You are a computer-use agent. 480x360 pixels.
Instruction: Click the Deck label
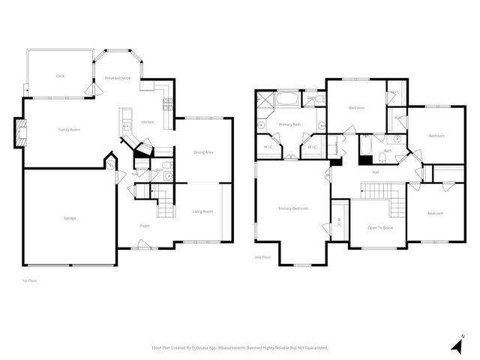click(60, 76)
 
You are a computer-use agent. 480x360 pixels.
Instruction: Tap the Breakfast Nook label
click(117, 78)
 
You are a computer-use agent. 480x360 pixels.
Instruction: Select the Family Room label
click(69, 130)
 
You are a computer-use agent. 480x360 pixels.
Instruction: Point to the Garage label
click(69, 218)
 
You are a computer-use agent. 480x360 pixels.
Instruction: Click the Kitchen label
click(148, 122)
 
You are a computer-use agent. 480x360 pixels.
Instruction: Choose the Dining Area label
click(204, 153)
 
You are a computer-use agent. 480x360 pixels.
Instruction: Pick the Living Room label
click(202, 211)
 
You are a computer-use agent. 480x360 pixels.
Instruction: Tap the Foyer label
click(145, 226)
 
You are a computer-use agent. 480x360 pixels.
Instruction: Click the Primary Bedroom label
click(293, 208)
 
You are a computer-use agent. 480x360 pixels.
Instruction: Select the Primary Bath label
click(289, 124)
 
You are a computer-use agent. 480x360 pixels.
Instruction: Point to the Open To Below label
click(382, 228)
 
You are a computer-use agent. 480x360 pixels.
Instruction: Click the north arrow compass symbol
click(457, 345)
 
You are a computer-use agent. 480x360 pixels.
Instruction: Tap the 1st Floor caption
click(30, 280)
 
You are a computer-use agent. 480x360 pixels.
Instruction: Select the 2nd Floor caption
click(262, 257)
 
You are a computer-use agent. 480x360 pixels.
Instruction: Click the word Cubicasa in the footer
click(214, 348)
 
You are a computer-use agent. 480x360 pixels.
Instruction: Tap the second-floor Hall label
click(375, 172)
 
